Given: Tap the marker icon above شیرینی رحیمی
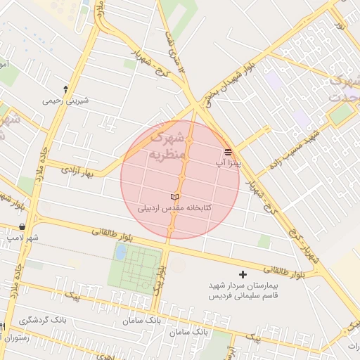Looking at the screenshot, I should pyautogui.click(x=65, y=89).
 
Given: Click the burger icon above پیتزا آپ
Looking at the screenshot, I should pyautogui.click(x=228, y=151).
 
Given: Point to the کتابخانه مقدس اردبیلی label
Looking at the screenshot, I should pyautogui.click(x=175, y=208).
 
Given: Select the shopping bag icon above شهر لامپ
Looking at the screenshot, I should pyautogui.click(x=23, y=227).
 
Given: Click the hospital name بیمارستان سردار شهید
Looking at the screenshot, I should pyautogui.click(x=243, y=286).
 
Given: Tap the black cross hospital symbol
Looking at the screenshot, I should pyautogui.click(x=243, y=274).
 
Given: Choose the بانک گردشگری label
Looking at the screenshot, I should pyautogui.click(x=43, y=320).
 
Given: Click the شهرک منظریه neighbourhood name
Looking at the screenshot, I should pyautogui.click(x=169, y=144).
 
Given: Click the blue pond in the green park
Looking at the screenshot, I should pyautogui.click(x=121, y=252).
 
